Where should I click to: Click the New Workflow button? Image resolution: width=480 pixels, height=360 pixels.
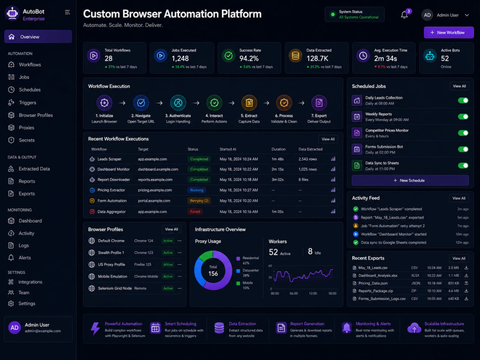[448, 33]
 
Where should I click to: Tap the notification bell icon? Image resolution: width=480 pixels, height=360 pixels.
[404, 15]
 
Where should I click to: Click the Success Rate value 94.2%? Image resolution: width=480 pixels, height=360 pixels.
[249, 59]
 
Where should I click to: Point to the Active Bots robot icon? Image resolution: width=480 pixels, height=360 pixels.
[430, 56]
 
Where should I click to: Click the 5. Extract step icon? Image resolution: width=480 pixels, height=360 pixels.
[249, 103]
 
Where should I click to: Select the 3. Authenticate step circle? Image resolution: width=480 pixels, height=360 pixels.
[178, 103]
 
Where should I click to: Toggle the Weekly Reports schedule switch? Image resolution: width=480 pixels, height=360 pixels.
[463, 117]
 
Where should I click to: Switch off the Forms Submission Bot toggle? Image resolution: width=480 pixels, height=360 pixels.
[463, 149]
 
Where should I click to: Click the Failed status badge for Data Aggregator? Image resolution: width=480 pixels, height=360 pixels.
[195, 212]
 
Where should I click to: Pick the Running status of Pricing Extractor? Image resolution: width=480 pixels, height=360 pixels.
[196, 190]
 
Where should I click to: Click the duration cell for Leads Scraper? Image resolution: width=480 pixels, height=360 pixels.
[277, 159]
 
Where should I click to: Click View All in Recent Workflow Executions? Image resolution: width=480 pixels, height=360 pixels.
[328, 139]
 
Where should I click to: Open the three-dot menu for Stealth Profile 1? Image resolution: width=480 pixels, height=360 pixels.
[180, 252]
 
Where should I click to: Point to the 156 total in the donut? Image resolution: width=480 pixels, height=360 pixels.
[213, 274]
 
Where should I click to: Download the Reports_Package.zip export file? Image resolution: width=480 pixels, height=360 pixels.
[466, 291]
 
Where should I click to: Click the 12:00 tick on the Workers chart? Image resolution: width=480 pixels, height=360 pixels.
[313, 293]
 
